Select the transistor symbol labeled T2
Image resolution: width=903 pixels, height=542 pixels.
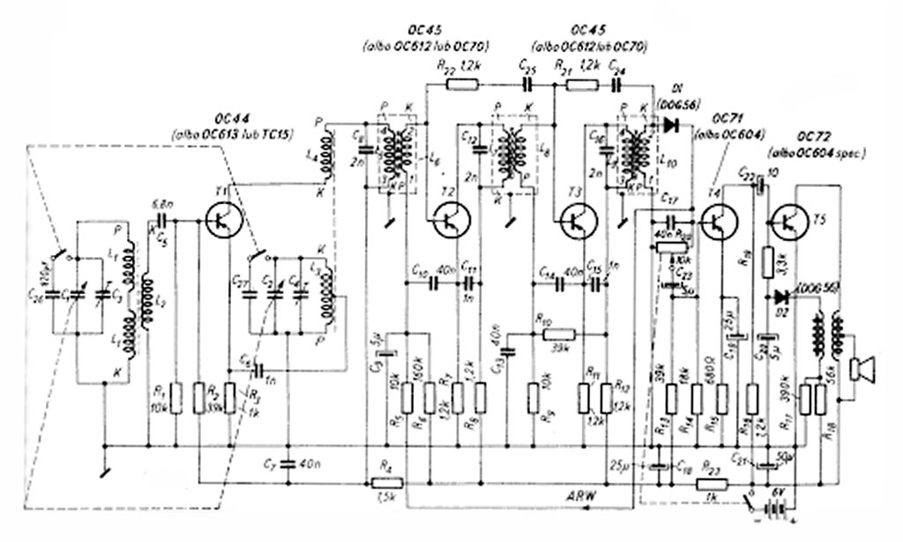click(451, 220)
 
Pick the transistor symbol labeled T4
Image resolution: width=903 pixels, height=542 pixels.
click(720, 221)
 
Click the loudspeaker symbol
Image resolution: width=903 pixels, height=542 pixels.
click(862, 368)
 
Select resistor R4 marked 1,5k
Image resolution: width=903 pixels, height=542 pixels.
click(386, 483)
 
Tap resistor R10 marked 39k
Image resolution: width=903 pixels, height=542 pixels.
click(557, 334)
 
